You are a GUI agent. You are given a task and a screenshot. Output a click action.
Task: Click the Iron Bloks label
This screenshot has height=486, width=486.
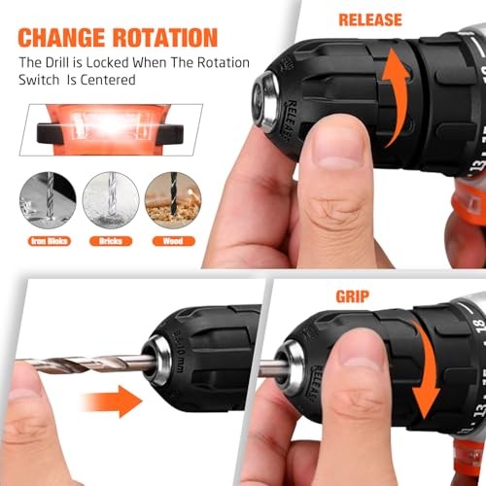[x=44, y=239]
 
